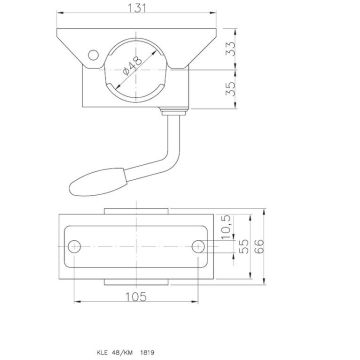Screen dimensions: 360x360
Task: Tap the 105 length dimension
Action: pyautogui.click(x=137, y=296)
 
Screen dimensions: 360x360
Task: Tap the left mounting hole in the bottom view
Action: pyautogui.click(x=74, y=244)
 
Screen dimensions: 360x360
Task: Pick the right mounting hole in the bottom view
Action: pyautogui.click(x=201, y=244)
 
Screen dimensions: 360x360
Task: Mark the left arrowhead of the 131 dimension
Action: pyautogui.click(x=58, y=18)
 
